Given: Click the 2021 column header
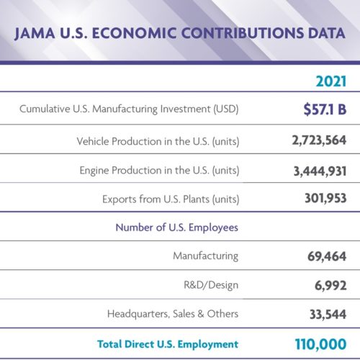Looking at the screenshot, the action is [331, 81].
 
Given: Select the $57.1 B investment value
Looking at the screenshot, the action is [325, 109].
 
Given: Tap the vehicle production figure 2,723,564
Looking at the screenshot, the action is [319, 140].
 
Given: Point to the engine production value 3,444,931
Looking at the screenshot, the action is [320, 171].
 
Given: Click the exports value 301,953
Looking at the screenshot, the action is [325, 199].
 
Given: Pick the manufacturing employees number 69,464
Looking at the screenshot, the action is [327, 256].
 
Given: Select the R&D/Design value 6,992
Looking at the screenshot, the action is [330, 286].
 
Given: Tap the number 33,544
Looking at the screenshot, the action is [328, 315].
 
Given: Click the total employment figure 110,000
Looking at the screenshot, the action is [320, 344].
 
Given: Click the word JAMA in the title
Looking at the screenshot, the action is [35, 33].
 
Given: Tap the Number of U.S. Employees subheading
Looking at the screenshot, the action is [177, 228].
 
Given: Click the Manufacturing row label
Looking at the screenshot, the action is [206, 256].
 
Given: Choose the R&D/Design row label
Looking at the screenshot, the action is [211, 285].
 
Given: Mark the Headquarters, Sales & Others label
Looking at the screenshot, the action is [173, 314].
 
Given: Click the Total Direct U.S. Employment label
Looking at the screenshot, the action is [168, 344].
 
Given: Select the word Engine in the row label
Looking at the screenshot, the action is [94, 171].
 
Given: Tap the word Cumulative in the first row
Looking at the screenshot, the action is [45, 109].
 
